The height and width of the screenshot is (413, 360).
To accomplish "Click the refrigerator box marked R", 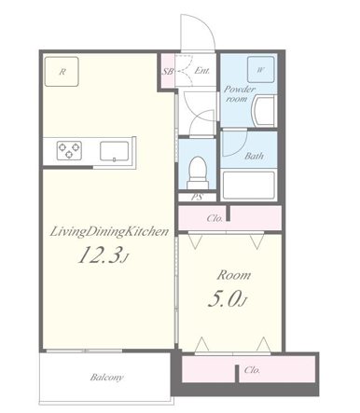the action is tap(62, 72).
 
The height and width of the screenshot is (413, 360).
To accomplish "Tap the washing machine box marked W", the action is tap(260, 70).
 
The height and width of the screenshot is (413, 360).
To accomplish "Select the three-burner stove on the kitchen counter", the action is tap(69, 150).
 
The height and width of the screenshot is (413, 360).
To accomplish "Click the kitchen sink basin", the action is tap(114, 151).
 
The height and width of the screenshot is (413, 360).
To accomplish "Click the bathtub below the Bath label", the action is tap(249, 186).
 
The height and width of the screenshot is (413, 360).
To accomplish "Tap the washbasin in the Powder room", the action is tap(264, 111).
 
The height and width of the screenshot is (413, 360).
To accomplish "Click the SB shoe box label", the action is tap(168, 71).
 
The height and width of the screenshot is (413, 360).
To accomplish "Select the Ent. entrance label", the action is tap(201, 71).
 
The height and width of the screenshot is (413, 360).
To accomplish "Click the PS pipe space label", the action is tap(197, 197).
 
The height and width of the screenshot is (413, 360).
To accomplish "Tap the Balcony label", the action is tap(106, 378).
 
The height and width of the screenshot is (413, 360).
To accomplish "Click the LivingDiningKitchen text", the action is tap(109, 231).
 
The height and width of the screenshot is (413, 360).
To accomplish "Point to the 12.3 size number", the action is tap(99, 255).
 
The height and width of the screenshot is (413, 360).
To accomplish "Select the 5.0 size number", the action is tap(224, 299).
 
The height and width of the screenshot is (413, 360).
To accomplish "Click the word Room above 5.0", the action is tap(234, 275).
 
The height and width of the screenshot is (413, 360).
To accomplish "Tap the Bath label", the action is tap(254, 156).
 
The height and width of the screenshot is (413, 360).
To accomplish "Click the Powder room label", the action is tap(240, 94).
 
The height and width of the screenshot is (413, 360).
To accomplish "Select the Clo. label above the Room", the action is tap(215, 218).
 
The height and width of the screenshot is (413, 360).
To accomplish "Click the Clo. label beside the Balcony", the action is tap(252, 370).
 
